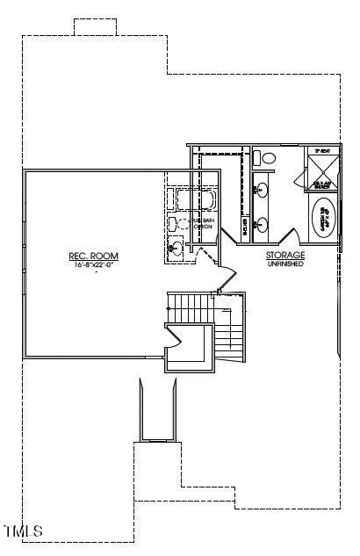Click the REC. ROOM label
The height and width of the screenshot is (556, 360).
coord(93,256)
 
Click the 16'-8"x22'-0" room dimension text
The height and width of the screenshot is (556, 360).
coord(93,264)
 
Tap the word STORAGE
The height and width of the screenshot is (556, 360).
coord(285,256)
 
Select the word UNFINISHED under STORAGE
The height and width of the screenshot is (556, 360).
coord(285,264)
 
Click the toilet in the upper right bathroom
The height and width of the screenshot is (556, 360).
coord(263,158)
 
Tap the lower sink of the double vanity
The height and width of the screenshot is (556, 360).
coord(260,222)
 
